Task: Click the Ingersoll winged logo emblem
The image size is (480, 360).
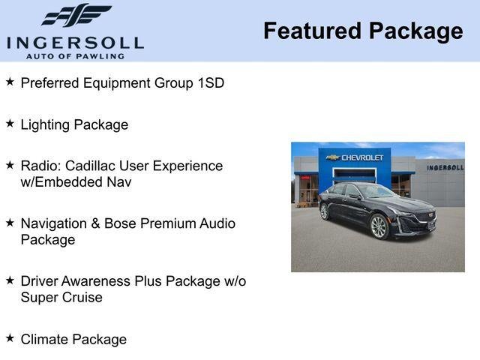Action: click(x=76, y=15)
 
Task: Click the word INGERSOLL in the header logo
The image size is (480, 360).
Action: click(x=74, y=42)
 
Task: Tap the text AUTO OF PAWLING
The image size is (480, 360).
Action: click(x=74, y=56)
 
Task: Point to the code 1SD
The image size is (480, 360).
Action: click(x=210, y=82)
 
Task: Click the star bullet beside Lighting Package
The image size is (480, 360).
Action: click(x=10, y=123)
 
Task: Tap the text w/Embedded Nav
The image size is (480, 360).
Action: click(x=76, y=182)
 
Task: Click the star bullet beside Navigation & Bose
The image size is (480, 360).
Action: click(x=10, y=222)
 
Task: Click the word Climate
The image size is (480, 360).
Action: click(x=45, y=339)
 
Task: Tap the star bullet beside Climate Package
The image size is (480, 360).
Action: click(x=10, y=337)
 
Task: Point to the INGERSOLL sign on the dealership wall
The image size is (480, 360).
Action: click(x=445, y=167)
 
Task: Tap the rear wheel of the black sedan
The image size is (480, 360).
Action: click(x=325, y=211)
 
